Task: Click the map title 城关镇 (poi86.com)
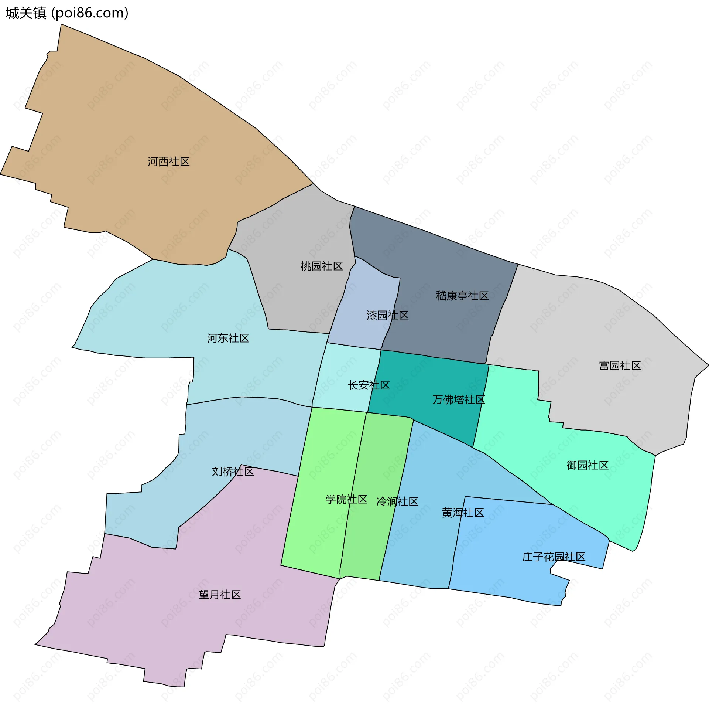[67, 13]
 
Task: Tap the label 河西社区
[169, 162]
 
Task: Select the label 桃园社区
[322, 266]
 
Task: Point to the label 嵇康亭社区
[462, 296]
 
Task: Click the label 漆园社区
[387, 315]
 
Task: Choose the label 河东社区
[228, 338]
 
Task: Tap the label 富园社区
[620, 366]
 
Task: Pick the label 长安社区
[369, 385]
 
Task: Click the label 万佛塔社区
[458, 399]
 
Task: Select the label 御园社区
[587, 465]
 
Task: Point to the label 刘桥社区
[233, 472]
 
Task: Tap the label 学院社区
[346, 500]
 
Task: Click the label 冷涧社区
[397, 501]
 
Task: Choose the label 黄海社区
[463, 513]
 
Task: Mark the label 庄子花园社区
[554, 557]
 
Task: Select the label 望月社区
[220, 595]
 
